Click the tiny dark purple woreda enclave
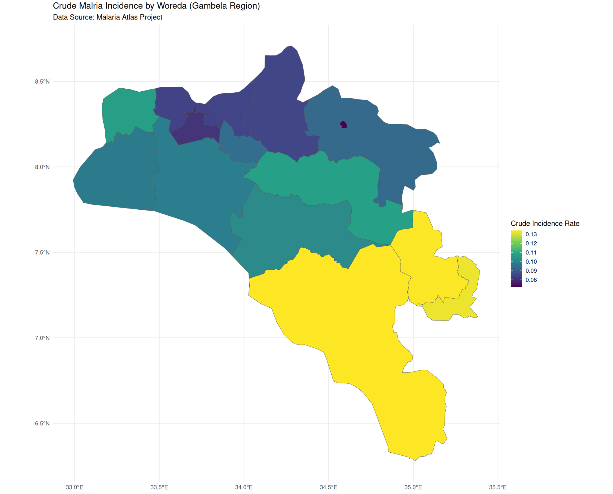344,125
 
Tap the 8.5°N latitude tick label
42,81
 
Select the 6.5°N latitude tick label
42,423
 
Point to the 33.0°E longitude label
74,487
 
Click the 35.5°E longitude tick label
498,487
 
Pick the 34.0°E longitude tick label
244,487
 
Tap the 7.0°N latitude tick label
42,338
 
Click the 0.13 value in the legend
531,234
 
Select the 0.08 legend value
531,280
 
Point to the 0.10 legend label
531,262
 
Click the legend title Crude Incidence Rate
545,223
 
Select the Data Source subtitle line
107,17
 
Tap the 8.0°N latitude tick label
42,167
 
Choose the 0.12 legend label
531,243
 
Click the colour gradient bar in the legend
516,258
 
